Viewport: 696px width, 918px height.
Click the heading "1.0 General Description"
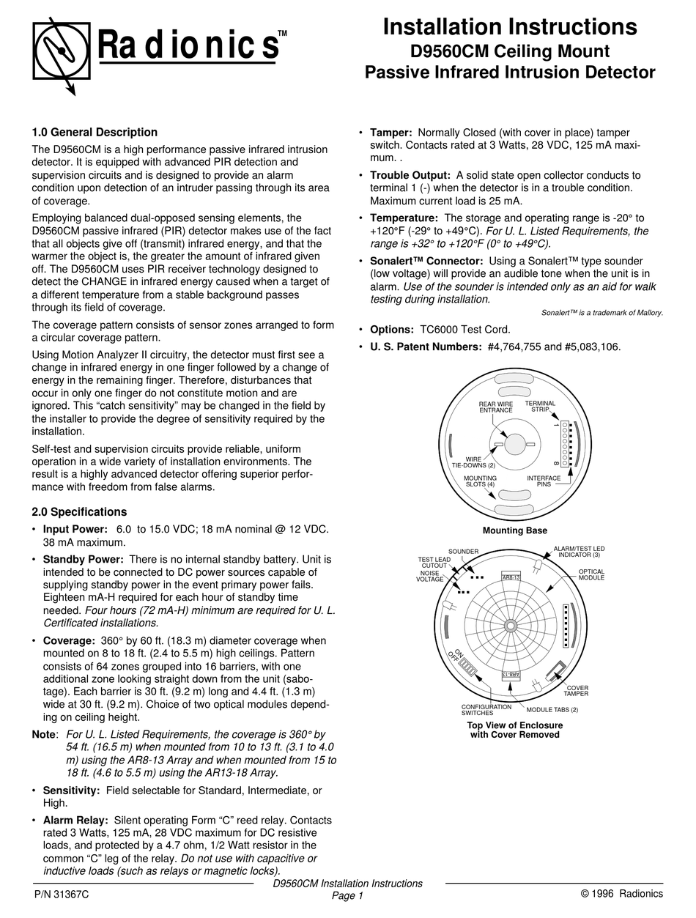(95, 133)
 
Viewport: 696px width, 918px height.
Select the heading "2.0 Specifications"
(79, 512)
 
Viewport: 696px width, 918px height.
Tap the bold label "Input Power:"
(75, 529)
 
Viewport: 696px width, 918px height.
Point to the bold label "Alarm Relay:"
(76, 820)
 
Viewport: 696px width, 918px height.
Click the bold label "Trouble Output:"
(410, 175)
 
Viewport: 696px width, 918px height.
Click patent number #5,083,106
(592, 347)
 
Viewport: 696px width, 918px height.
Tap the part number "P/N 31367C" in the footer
(62, 894)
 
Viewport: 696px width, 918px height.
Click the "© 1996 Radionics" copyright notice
(621, 893)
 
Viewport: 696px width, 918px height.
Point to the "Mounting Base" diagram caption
(514, 530)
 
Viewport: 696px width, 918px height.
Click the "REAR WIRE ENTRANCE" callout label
(496, 407)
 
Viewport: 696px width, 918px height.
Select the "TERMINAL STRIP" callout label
(540, 407)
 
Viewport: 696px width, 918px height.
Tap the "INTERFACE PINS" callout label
(544, 481)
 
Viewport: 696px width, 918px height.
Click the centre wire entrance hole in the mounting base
(515, 444)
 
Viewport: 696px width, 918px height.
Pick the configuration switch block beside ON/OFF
(469, 670)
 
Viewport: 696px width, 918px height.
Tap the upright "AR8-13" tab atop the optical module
(511, 577)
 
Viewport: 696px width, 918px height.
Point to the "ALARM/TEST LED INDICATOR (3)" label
(579, 552)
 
